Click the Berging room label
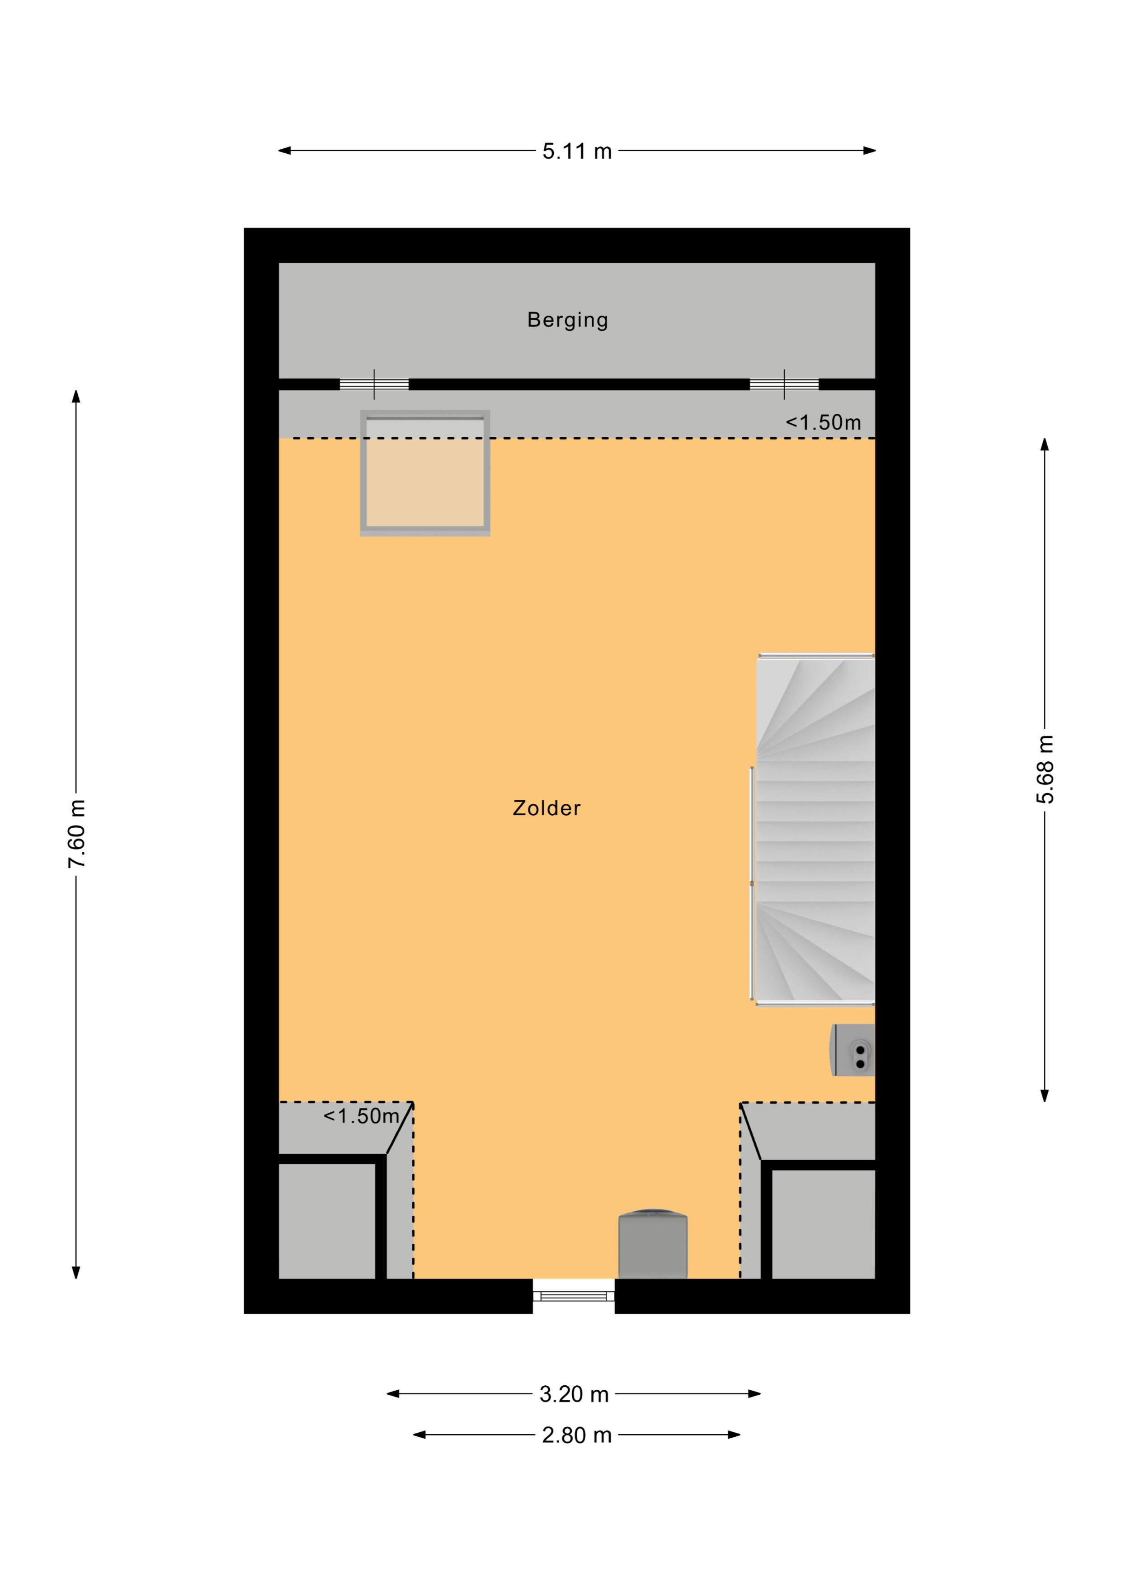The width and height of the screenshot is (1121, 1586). (567, 321)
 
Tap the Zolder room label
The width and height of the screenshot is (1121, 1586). (546, 808)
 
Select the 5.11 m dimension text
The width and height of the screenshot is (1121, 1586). (577, 151)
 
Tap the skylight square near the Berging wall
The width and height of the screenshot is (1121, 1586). (425, 473)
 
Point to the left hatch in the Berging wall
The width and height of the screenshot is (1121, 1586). (374, 384)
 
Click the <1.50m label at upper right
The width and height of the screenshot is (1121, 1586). (823, 422)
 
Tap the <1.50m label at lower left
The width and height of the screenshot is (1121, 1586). (361, 1116)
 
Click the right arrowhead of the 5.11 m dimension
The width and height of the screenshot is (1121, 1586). (870, 151)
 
